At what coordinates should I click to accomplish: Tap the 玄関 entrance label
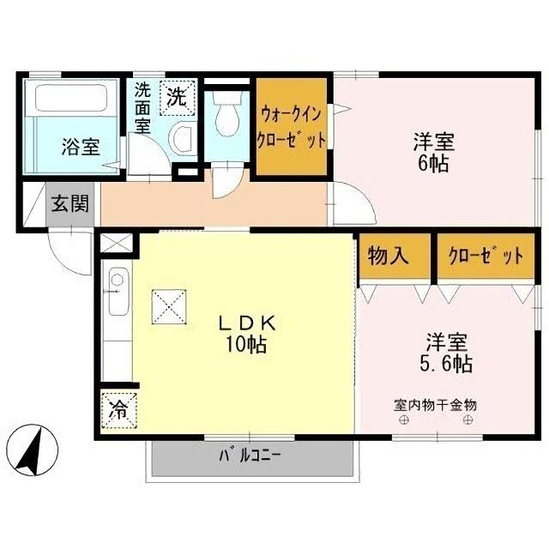69,204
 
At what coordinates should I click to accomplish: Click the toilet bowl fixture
227,115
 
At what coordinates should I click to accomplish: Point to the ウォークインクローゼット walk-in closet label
292,126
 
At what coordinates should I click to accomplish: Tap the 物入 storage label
388,255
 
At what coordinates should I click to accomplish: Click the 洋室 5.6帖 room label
447,352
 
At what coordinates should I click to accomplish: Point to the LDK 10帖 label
245,334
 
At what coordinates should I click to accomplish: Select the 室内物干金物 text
435,403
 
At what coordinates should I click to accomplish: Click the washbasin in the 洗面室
180,136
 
